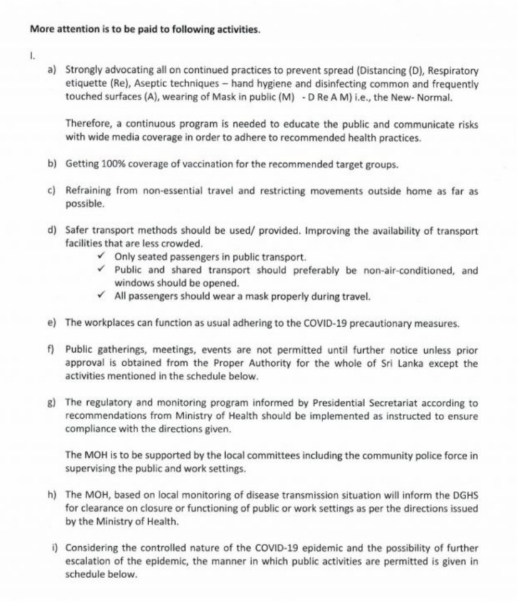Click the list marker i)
pyautogui.click(x=55, y=547)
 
